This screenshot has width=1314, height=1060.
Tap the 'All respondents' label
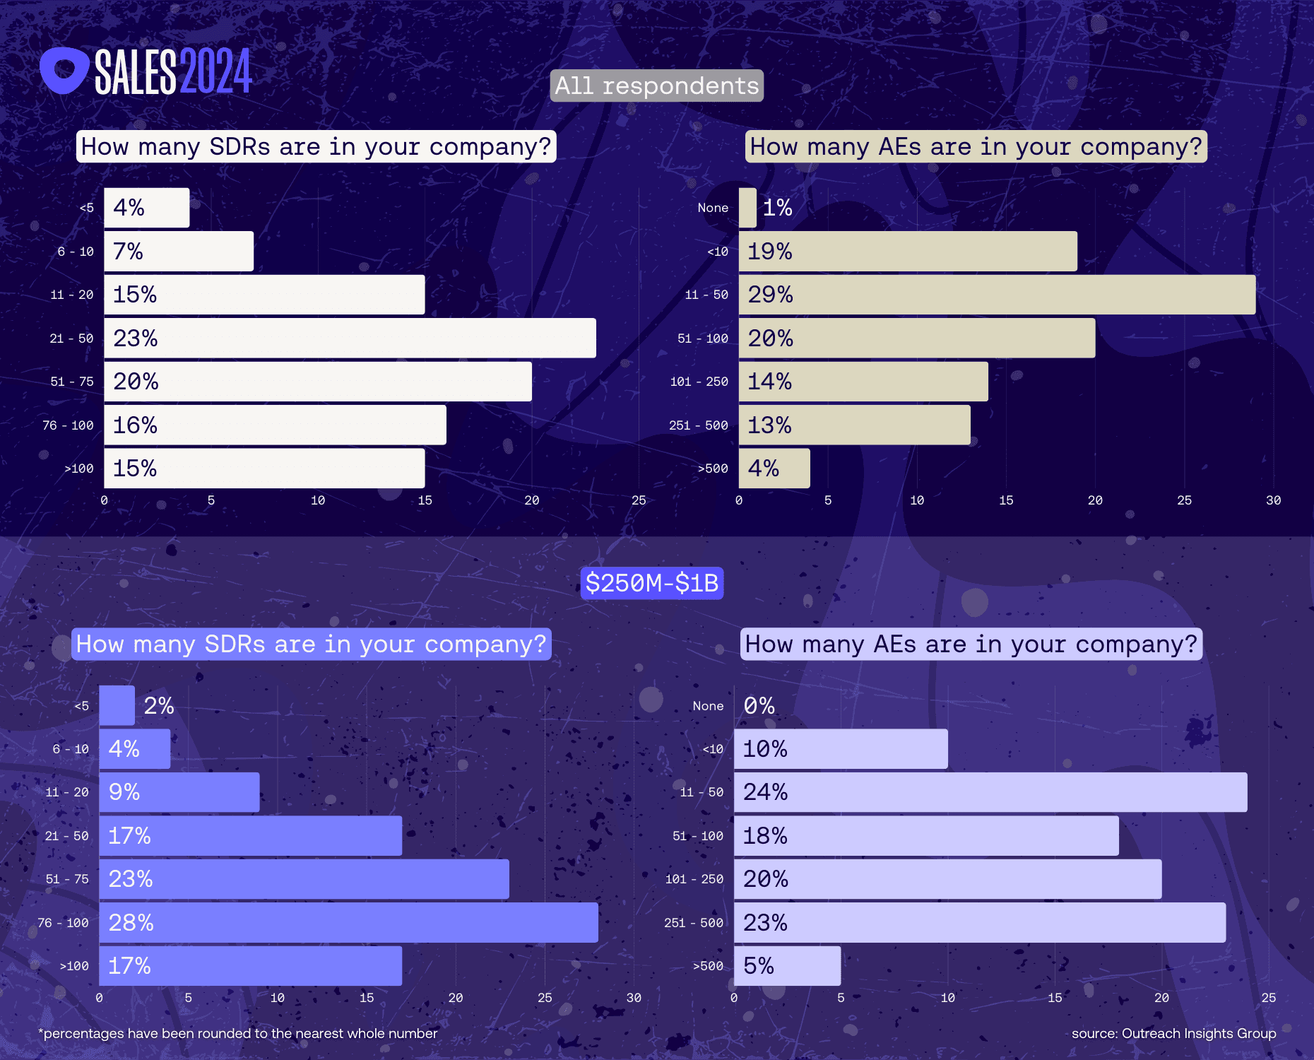click(656, 86)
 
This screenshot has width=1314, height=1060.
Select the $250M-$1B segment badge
click(651, 583)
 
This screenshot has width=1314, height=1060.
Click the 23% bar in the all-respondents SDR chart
click(350, 338)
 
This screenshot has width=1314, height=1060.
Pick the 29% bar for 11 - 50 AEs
click(996, 295)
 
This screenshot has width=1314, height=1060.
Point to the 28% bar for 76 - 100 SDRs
click(348, 922)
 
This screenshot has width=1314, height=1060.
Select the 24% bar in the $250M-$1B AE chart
click(990, 792)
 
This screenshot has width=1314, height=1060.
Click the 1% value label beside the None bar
click(777, 208)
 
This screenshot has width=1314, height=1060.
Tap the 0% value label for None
click(759, 706)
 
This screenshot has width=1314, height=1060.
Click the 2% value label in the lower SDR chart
click(159, 706)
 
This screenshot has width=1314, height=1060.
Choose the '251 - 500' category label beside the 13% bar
click(698, 425)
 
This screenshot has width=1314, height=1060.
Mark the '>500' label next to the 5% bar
click(708, 966)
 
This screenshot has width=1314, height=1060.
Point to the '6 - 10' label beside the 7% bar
click(76, 252)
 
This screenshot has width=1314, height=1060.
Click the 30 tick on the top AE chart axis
click(1273, 500)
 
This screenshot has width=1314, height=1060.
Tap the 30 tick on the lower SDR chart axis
click(634, 998)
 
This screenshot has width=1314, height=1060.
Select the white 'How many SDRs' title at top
click(316, 147)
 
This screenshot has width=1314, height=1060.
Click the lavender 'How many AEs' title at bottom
click(971, 644)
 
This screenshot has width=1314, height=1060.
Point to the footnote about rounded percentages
click(238, 1033)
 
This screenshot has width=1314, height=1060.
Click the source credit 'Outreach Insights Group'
click(1173, 1033)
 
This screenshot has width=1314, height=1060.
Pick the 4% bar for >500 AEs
click(774, 469)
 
